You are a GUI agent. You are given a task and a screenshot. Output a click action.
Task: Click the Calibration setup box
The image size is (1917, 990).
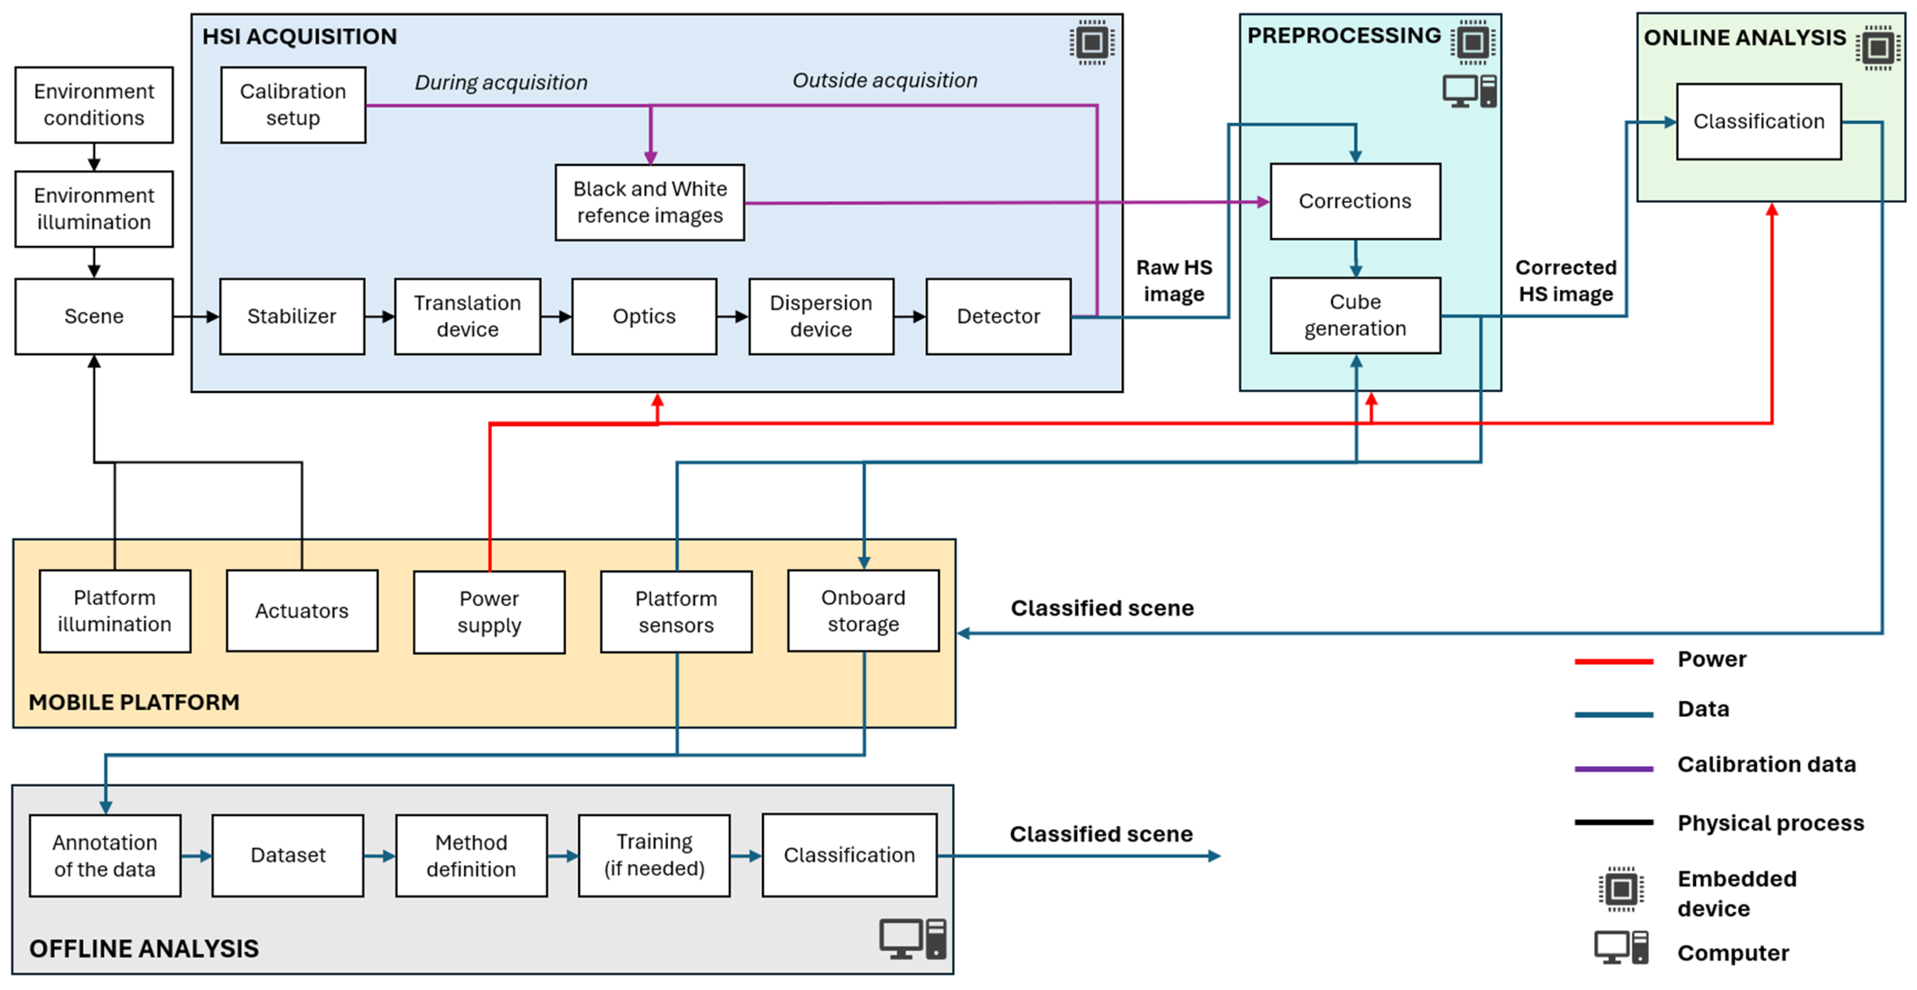click(x=293, y=105)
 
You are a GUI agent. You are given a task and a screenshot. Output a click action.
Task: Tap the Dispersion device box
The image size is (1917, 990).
click(x=821, y=316)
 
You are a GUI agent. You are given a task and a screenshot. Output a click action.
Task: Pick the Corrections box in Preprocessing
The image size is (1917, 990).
click(x=1355, y=201)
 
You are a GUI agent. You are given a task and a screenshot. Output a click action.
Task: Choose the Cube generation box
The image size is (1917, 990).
click(x=1355, y=315)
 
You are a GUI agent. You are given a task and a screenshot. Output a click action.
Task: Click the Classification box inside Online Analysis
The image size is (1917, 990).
click(x=1759, y=121)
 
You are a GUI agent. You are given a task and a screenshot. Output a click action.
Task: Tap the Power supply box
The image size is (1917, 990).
click(x=489, y=612)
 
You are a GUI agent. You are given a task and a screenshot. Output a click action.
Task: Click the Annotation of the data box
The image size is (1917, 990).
click(x=105, y=855)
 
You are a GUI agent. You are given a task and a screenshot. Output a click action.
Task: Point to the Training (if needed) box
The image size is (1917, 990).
click(x=654, y=855)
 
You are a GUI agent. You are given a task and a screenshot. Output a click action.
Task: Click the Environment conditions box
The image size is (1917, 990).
click(x=94, y=105)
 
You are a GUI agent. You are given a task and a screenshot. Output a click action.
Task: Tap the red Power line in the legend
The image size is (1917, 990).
click(x=1614, y=661)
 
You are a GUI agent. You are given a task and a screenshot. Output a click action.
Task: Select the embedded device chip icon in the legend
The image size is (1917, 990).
click(x=1621, y=889)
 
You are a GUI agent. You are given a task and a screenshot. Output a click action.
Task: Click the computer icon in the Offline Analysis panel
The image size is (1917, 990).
click(x=913, y=939)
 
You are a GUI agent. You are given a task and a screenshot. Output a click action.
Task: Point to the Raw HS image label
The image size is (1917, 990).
click(x=1174, y=281)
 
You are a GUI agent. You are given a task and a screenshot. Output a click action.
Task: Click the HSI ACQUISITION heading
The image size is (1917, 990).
click(x=300, y=37)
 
